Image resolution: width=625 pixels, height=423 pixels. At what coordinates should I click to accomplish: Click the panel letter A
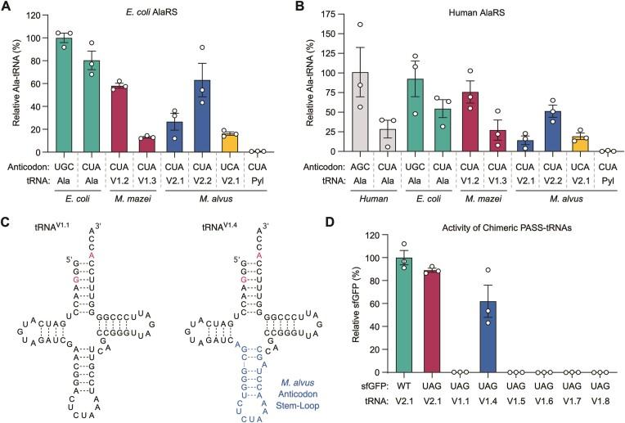click(7, 7)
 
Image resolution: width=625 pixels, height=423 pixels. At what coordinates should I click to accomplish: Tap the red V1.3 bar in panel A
click(147, 145)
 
